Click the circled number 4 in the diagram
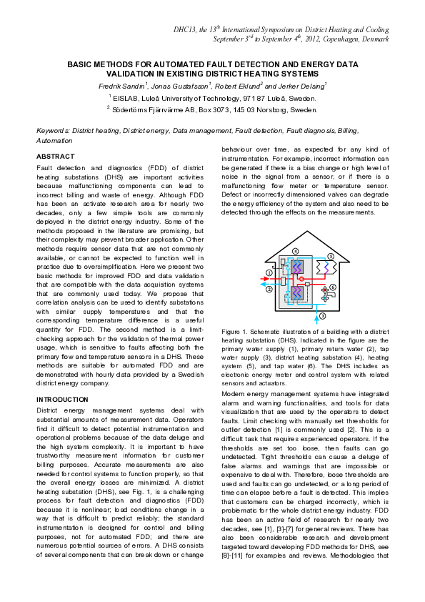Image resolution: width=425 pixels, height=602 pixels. coord(296,251)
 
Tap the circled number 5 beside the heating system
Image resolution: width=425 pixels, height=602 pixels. coord(330,256)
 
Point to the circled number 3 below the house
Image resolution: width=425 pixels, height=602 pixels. coord(323,315)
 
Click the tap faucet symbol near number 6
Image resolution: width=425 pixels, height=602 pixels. coord(330,295)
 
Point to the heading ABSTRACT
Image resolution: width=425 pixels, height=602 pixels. coord(55,156)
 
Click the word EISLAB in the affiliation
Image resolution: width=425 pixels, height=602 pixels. coord(126,97)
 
